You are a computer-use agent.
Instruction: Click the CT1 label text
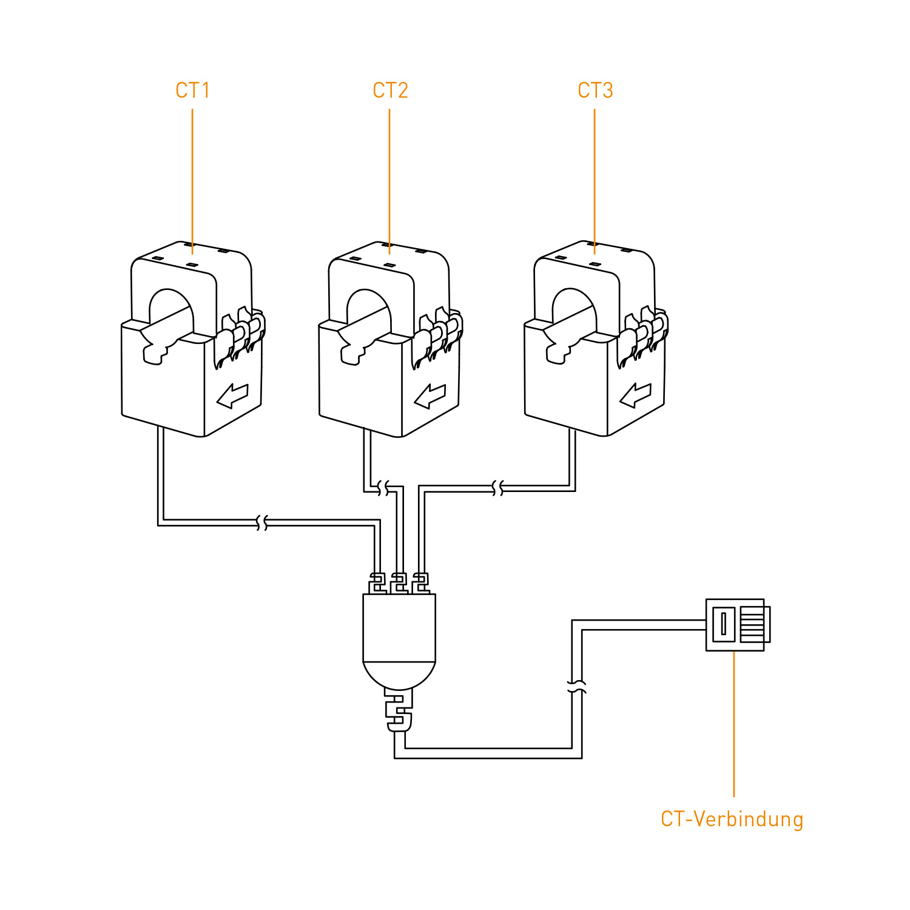coord(192,90)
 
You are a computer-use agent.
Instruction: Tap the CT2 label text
coord(390,90)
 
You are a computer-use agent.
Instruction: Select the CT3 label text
coord(595,90)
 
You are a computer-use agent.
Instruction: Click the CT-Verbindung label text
coord(732,819)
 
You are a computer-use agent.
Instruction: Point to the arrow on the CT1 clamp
coord(232,396)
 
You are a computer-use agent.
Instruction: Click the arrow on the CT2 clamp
coord(430,396)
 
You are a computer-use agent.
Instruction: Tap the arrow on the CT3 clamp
coord(635,396)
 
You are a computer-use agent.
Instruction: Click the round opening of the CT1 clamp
coord(170,309)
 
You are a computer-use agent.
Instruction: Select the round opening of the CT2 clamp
coord(368,309)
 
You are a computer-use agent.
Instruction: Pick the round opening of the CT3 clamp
coord(573,309)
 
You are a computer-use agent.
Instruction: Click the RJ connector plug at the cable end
coord(737,624)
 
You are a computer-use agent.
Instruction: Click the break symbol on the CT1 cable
coord(262,522)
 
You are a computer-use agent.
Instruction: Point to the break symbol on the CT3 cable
coord(497,488)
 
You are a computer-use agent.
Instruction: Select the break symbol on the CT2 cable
coord(383,488)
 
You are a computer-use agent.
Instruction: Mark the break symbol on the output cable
coord(577,687)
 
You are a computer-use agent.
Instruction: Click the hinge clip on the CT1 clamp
coord(240,337)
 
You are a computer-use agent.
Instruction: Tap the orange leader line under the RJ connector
coord(734,722)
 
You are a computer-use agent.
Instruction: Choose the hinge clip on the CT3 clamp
coord(642,337)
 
